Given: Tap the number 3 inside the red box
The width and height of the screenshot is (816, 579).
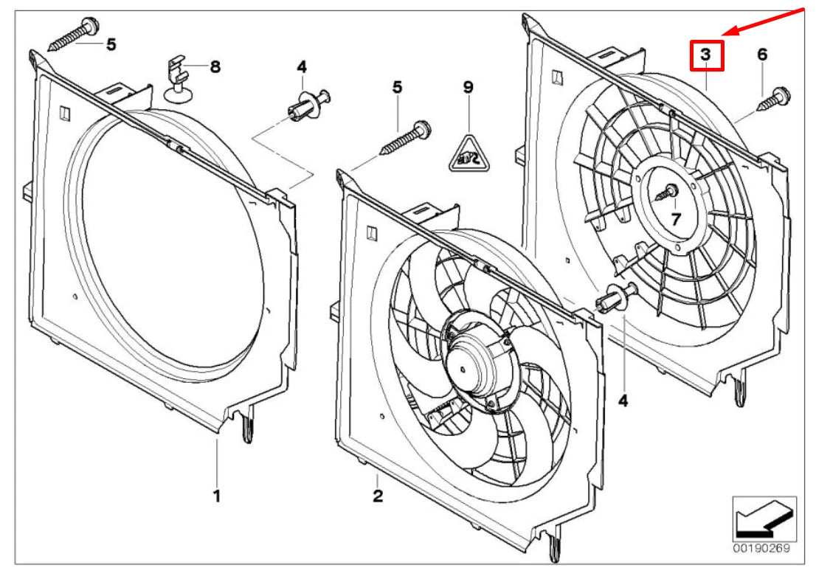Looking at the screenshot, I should tap(707, 55).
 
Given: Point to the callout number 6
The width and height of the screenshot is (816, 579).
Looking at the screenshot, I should tap(762, 54).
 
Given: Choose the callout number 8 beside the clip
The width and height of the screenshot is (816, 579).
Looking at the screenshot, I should tap(215, 67).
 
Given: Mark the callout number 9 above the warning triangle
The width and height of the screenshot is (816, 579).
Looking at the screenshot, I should tap(467, 86).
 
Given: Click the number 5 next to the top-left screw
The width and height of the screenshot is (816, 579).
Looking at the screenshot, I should tap(111, 44).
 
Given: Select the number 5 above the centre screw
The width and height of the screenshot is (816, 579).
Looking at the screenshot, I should tap(398, 86).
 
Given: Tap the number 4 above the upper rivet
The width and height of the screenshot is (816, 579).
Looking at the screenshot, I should tap(301, 67).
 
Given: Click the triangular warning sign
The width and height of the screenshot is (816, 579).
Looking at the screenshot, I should tap(467, 153).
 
